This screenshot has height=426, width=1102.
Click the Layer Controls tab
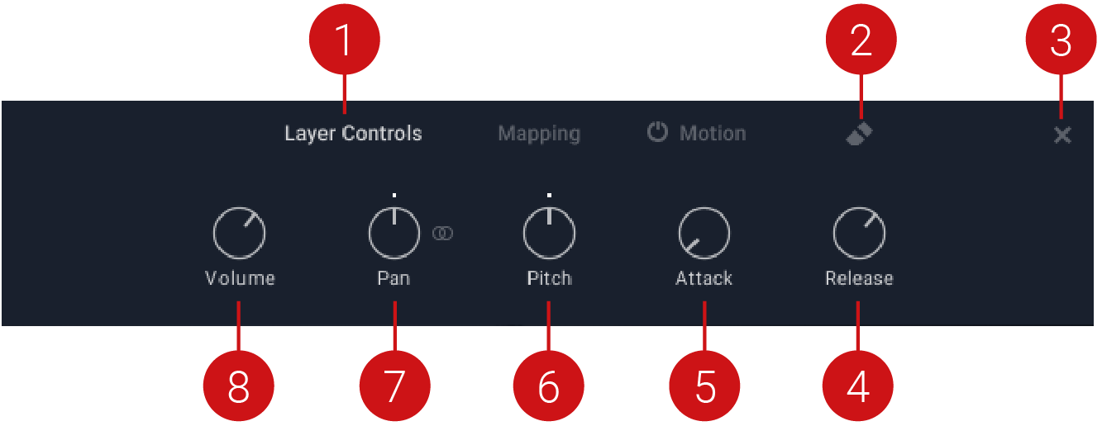pyautogui.click(x=353, y=134)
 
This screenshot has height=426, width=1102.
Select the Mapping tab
pyautogui.click(x=539, y=134)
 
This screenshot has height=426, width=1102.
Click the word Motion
pyautogui.click(x=713, y=134)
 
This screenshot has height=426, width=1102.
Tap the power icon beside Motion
pyautogui.click(x=657, y=133)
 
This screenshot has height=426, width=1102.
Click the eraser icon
pyautogui.click(x=860, y=135)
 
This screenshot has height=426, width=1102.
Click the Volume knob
pyautogui.click(x=239, y=234)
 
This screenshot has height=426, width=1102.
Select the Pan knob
pyautogui.click(x=394, y=234)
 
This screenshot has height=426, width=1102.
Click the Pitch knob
pyautogui.click(x=549, y=234)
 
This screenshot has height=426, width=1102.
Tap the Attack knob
pyautogui.click(x=704, y=234)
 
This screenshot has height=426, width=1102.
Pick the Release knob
pyautogui.click(x=859, y=234)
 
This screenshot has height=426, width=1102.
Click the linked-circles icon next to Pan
pyautogui.click(x=443, y=234)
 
